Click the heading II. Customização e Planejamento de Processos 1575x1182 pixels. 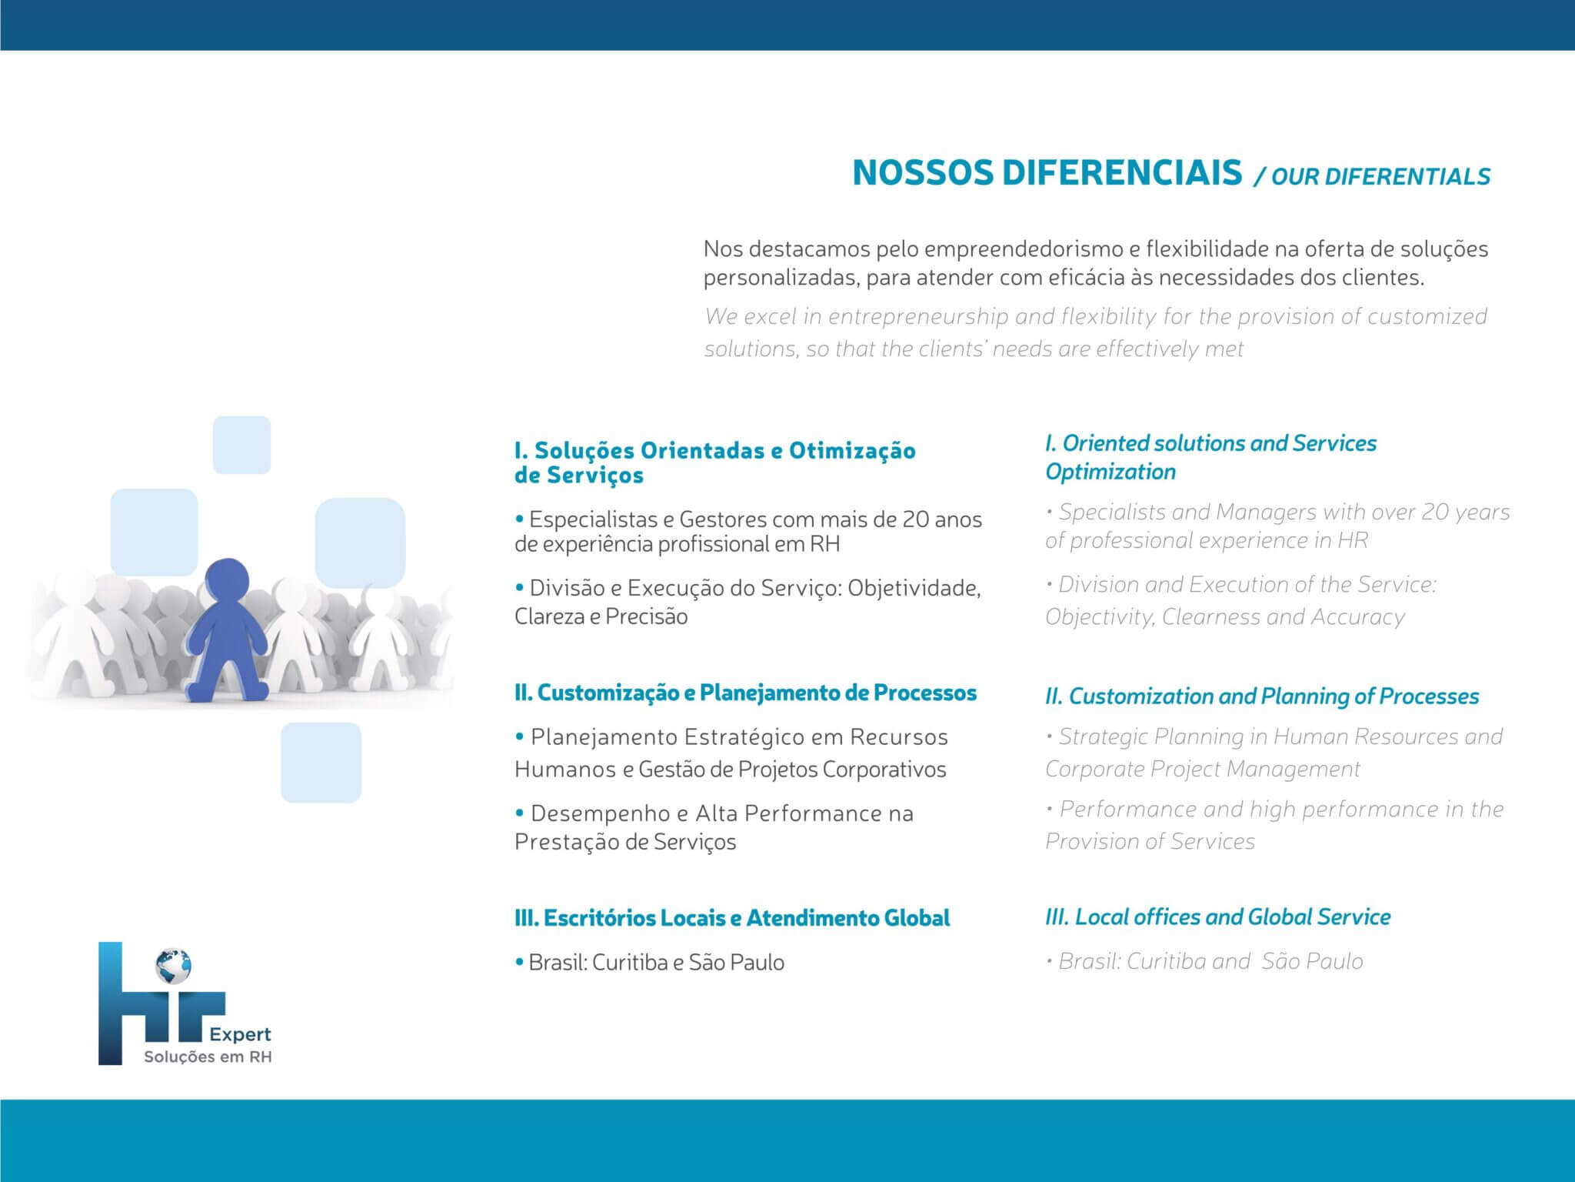(x=745, y=693)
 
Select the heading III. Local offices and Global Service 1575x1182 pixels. (x=1217, y=917)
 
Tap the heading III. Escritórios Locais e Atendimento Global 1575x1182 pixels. (x=732, y=917)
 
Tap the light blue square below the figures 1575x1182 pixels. (x=321, y=763)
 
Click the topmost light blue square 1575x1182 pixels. (x=241, y=445)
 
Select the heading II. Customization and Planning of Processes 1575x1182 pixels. (x=1262, y=696)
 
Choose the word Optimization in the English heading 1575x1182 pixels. (x=1110, y=472)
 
